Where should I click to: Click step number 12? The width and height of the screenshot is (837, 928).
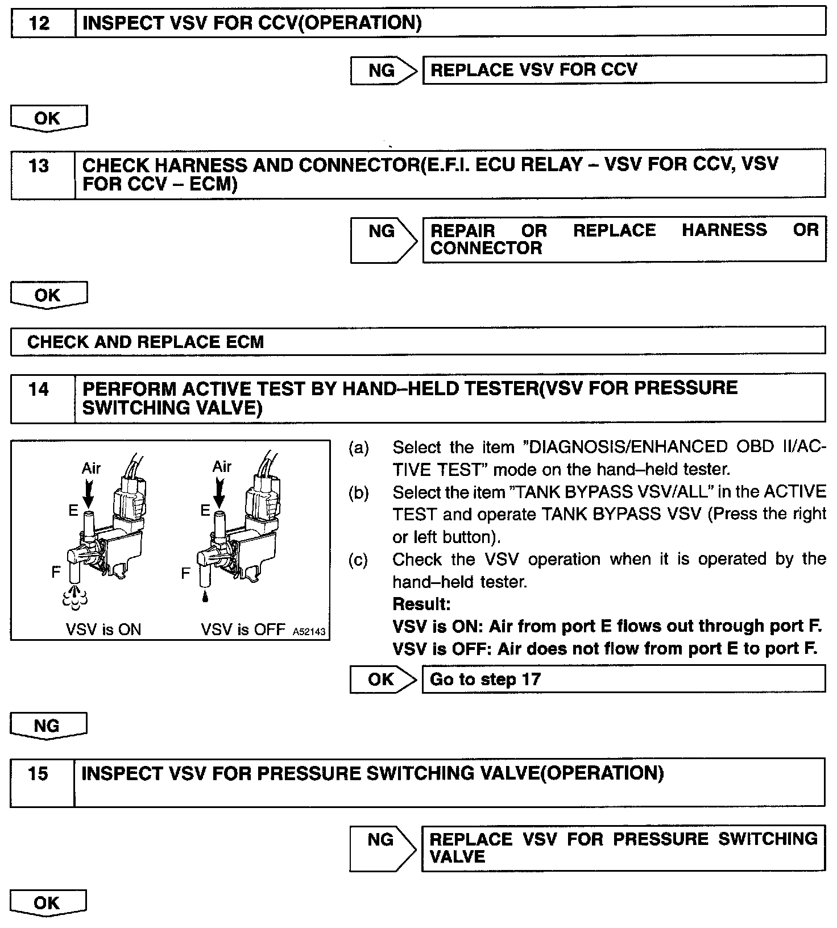pos(39,23)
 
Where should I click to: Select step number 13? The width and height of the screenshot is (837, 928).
pos(39,166)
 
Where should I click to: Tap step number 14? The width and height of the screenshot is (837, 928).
pos(39,390)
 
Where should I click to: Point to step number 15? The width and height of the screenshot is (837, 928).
pos(39,774)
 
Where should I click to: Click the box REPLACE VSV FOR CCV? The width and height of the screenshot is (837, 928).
pos(624,70)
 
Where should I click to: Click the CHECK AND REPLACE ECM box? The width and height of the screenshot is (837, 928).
pos(418,342)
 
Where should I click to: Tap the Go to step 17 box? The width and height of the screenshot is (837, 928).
pos(623,680)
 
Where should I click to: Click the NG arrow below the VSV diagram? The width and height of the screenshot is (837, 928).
pos(48,726)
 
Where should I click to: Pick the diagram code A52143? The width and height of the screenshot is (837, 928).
pos(309,632)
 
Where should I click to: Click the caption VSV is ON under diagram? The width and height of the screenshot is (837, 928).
pos(103,629)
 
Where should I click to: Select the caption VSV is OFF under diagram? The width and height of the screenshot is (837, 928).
pos(243,629)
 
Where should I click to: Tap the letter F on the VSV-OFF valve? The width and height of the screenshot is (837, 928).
pos(185,573)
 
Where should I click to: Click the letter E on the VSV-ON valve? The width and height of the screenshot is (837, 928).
pos(73,511)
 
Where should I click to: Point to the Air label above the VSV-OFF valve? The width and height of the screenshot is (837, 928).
pos(222,467)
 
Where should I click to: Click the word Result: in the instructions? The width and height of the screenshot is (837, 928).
pos(421,604)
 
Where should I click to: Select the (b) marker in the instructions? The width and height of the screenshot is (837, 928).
pos(358,492)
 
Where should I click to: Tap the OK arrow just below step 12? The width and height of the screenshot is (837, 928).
pos(48,119)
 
